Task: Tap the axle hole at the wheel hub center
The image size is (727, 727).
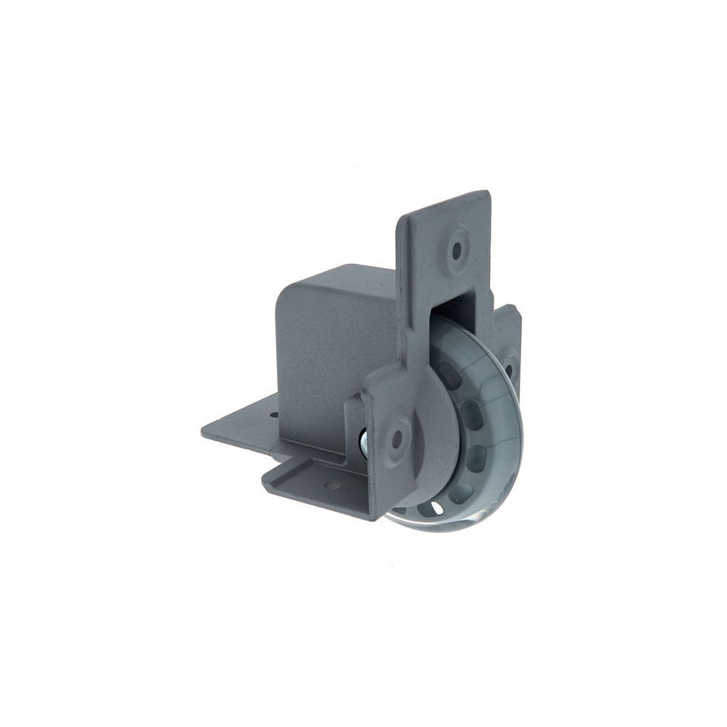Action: (396, 438)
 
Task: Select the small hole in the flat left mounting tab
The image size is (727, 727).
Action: (274, 415)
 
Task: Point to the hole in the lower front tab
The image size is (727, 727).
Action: (333, 484)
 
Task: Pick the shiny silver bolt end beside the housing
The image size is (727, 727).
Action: (363, 441)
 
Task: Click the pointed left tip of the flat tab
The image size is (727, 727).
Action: (203, 432)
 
